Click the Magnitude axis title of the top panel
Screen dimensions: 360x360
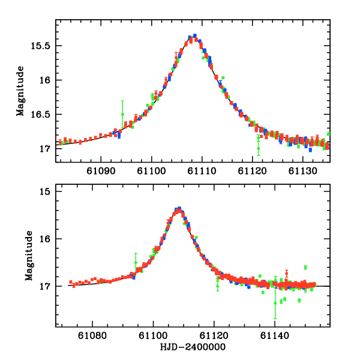[20, 91]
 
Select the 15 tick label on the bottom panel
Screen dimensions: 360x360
[50, 191]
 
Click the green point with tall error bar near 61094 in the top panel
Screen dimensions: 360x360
[122, 114]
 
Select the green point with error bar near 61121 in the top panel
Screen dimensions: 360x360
[259, 142]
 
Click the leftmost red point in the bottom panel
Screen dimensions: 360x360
[71, 282]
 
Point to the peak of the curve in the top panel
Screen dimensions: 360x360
[193, 37]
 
